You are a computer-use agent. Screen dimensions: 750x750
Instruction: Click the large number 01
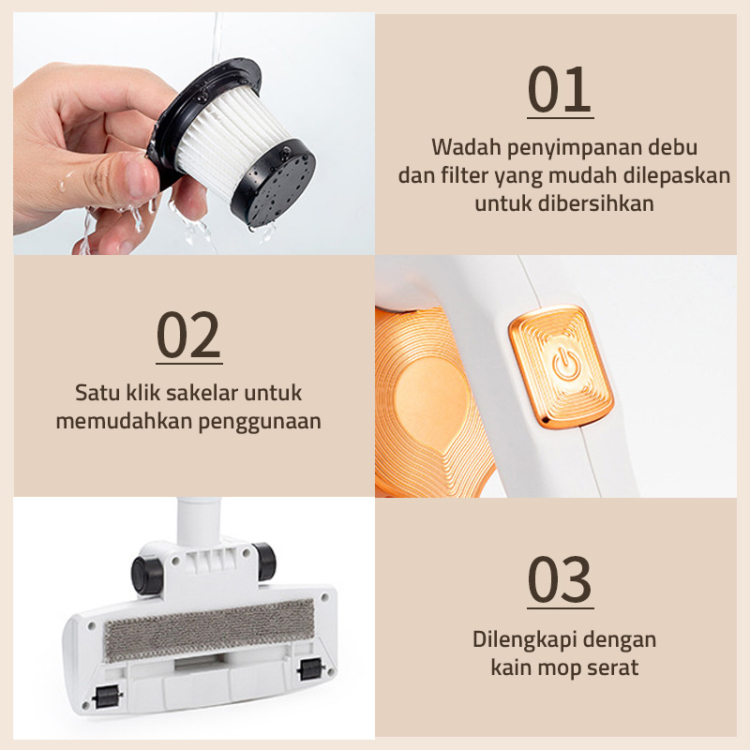point(560,89)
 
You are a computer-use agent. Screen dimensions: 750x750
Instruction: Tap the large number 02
point(189,335)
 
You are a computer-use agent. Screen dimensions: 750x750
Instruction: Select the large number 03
point(560,579)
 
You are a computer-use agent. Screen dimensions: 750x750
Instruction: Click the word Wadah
point(466,147)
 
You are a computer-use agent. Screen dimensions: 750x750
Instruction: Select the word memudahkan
point(124,421)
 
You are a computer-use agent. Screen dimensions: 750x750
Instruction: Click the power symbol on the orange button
point(566,365)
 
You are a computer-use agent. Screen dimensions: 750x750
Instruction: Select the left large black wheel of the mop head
point(146,575)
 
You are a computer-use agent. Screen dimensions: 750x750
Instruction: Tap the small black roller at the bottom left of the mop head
point(106,697)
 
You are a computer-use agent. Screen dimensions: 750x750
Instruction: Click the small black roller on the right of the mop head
point(310,668)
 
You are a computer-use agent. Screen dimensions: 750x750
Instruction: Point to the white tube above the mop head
point(199,521)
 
